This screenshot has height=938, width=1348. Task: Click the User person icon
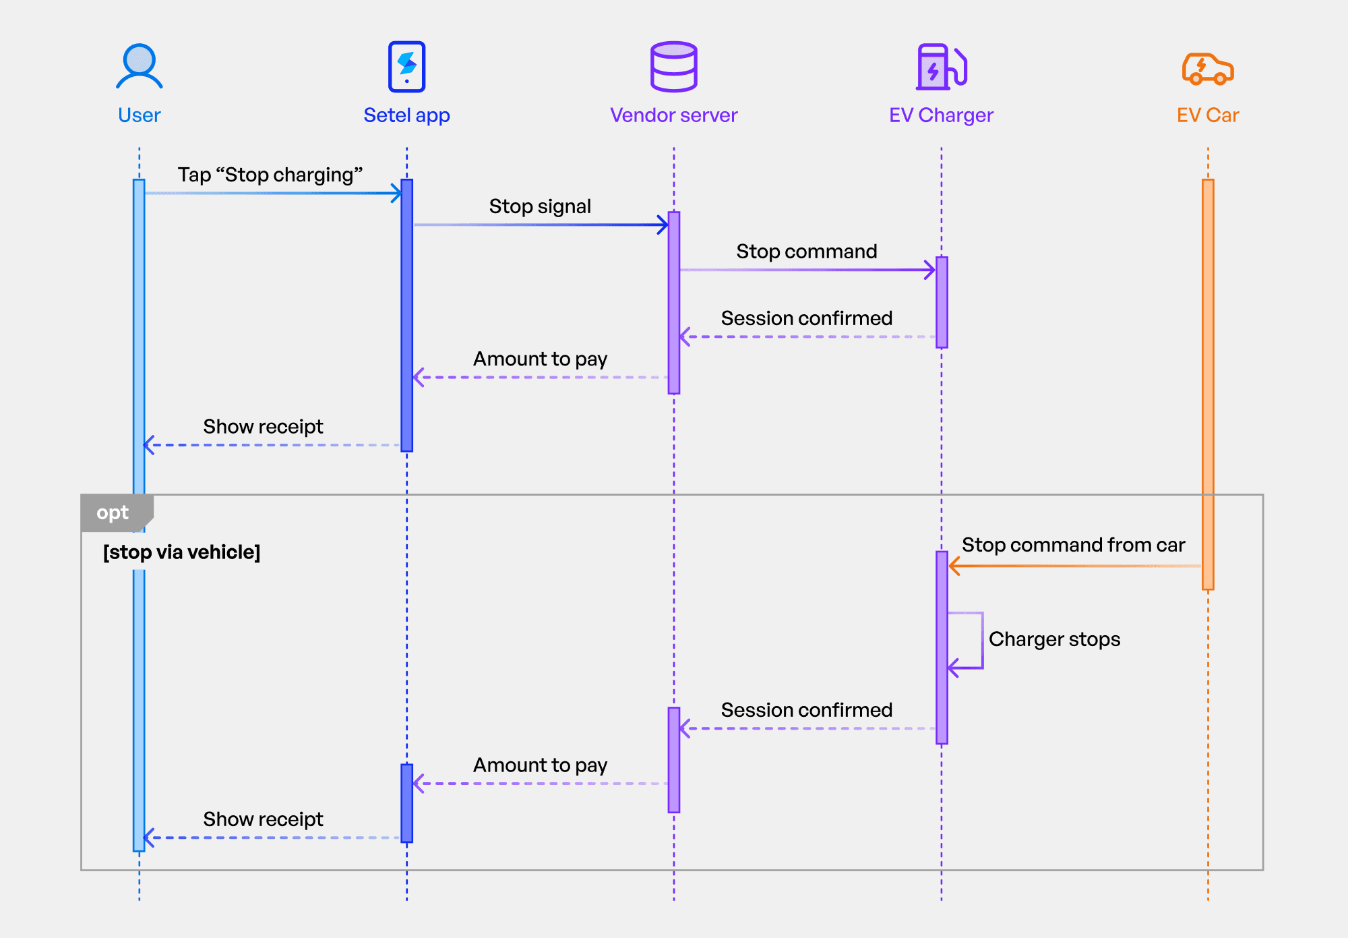(x=140, y=66)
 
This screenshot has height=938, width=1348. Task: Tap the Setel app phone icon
(x=407, y=67)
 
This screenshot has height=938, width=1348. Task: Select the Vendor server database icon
(x=674, y=67)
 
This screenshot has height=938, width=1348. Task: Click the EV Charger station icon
(x=942, y=67)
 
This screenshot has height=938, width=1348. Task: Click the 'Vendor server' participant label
(x=674, y=115)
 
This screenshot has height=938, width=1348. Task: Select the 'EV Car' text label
(x=1208, y=115)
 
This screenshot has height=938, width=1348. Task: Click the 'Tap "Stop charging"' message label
(x=270, y=175)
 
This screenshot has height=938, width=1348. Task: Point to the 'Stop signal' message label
(x=540, y=206)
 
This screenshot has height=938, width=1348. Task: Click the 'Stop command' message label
(x=807, y=252)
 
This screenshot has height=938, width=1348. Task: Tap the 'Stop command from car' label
(x=1073, y=545)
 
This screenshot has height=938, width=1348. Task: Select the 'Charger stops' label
(x=1054, y=639)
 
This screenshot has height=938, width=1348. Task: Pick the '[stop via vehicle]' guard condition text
(x=181, y=552)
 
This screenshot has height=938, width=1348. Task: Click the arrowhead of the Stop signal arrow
(x=664, y=225)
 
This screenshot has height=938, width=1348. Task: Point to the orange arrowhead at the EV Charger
(x=954, y=566)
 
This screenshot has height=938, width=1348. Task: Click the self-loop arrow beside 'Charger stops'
(x=982, y=641)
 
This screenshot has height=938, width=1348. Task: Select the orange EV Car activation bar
(x=1208, y=384)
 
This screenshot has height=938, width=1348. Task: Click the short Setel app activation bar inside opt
(x=407, y=803)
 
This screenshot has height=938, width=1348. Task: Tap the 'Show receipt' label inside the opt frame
(x=263, y=819)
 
